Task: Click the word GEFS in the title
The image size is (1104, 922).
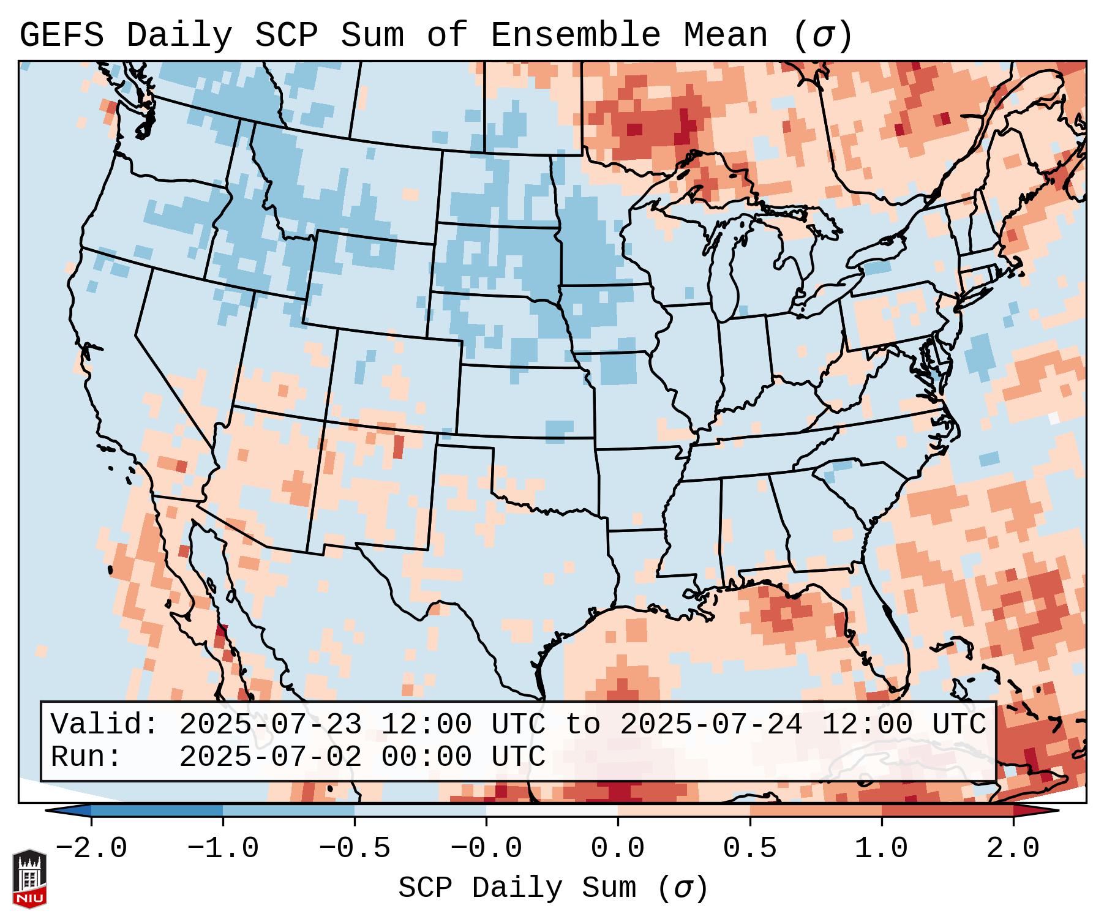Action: pyautogui.click(x=61, y=36)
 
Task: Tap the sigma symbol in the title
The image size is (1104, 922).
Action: pyautogui.click(x=822, y=36)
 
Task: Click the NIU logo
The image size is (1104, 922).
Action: pyautogui.click(x=29, y=879)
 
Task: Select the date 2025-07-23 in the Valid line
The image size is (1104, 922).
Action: pyautogui.click(x=270, y=724)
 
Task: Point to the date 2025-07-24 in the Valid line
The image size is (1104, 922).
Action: pyautogui.click(x=711, y=724)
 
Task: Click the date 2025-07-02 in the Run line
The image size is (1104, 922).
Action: pyautogui.click(x=270, y=757)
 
